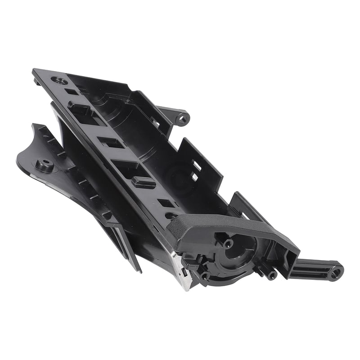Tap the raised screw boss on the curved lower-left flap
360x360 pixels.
point(45,165)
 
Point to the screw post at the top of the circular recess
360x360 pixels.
point(228,243)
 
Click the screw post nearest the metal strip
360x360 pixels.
point(205,275)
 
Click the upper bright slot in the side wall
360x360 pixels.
point(198,166)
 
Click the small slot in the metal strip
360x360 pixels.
point(183,272)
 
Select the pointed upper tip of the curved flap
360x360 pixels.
point(34,126)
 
